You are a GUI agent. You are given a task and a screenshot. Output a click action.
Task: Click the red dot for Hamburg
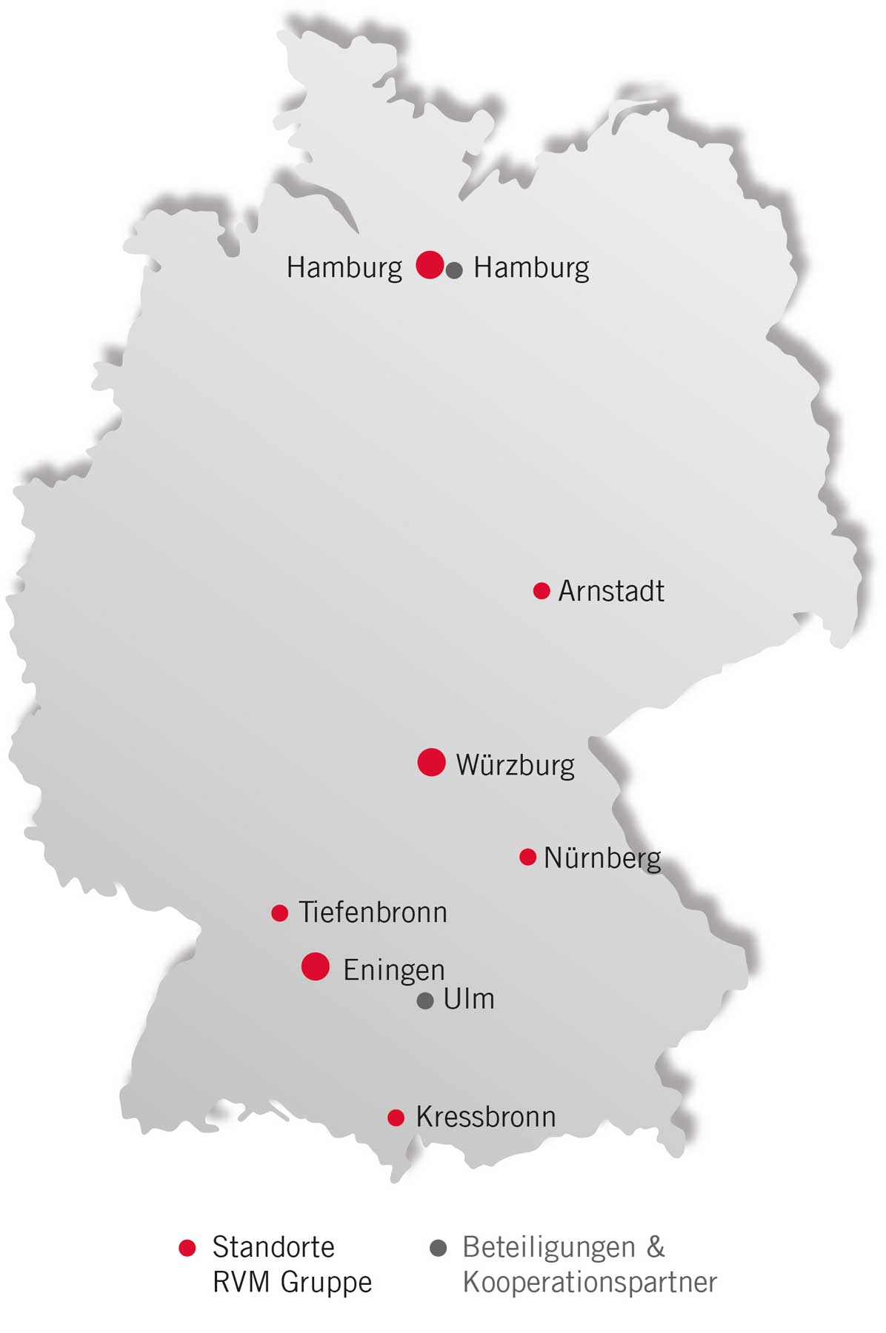(430, 264)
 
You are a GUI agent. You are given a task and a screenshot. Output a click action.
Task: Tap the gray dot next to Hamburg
(455, 270)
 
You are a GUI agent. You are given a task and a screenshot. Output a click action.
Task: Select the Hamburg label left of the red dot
(344, 267)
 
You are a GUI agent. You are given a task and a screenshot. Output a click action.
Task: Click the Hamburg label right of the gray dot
(531, 267)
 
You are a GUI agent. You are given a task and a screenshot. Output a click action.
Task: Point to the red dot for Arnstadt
(542, 591)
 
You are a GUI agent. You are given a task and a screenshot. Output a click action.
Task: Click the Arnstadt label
(610, 591)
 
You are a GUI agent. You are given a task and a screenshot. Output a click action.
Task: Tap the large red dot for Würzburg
(431, 762)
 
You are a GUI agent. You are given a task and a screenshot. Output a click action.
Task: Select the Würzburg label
(515, 765)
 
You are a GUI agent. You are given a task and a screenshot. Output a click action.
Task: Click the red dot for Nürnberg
(527, 857)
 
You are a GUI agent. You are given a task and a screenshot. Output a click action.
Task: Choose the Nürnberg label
(602, 858)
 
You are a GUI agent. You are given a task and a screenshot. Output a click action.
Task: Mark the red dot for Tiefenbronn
(279, 913)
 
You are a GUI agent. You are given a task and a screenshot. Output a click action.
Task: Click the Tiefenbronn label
(373, 912)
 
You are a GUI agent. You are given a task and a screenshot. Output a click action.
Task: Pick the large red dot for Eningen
(316, 966)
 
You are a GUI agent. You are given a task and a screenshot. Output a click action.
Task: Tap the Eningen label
(393, 970)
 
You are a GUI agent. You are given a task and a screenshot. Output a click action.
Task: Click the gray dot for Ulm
(424, 1001)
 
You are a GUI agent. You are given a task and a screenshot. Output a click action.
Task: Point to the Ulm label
(468, 999)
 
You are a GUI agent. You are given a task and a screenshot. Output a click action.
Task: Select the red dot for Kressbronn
(396, 1117)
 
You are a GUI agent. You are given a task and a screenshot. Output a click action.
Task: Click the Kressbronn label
(485, 1117)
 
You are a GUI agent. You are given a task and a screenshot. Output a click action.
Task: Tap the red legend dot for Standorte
(187, 1248)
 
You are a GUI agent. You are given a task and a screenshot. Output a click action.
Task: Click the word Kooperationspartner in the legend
(590, 1282)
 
